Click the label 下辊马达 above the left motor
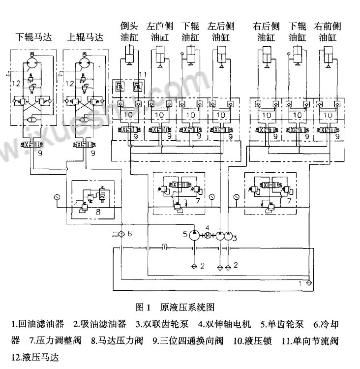tap(34, 37)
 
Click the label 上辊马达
tap(85, 37)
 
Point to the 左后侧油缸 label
tap(221, 31)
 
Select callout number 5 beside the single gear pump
tap(185, 233)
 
